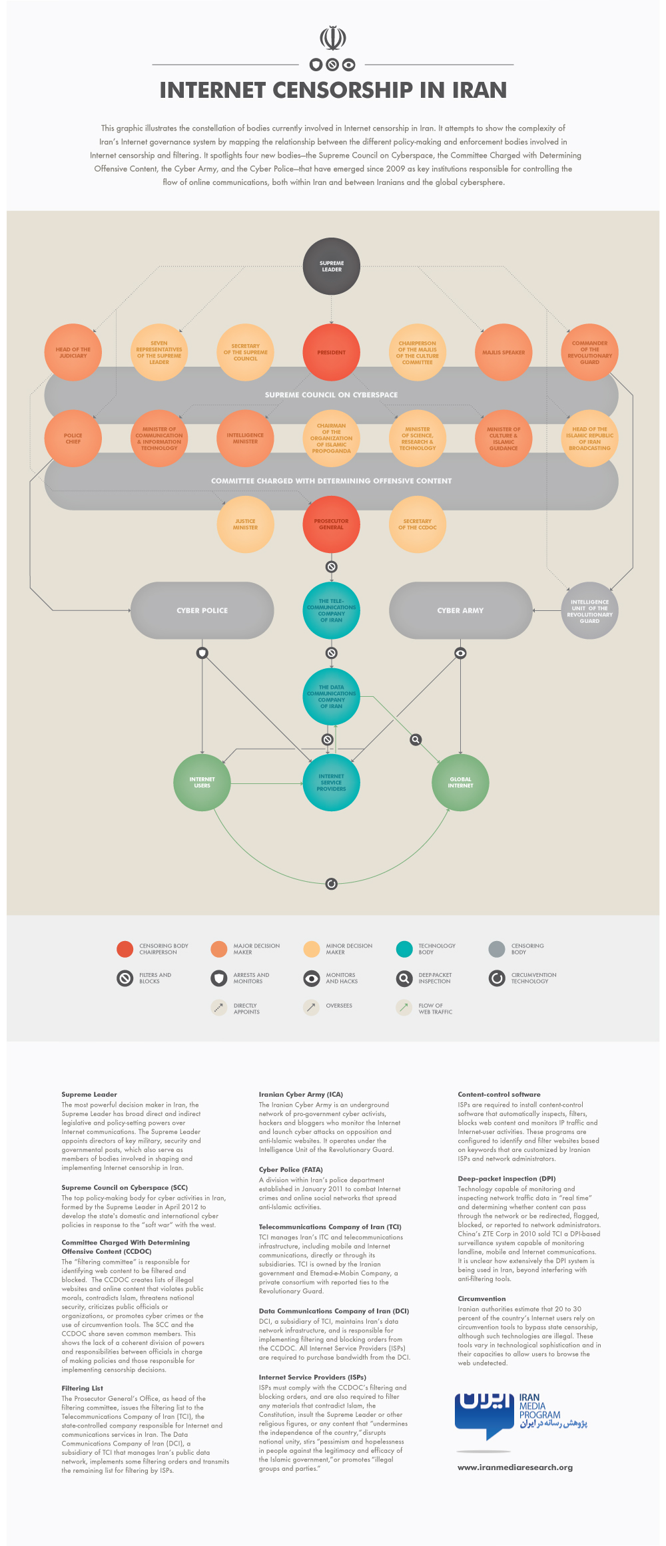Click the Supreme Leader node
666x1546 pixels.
pyautogui.click(x=332, y=266)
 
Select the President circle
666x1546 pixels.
pyautogui.click(x=332, y=352)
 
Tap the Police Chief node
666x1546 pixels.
pyautogui.click(x=73, y=438)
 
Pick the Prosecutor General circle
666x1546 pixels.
pyautogui.click(x=332, y=524)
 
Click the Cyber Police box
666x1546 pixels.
pyautogui.click(x=202, y=610)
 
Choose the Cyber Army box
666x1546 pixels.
pyautogui.click(x=460, y=610)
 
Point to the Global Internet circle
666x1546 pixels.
pyautogui.click(x=460, y=782)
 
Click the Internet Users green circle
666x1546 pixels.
pyautogui.click(x=202, y=782)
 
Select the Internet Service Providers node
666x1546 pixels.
pyautogui.click(x=332, y=782)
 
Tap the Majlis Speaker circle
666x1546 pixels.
pyautogui.click(x=503, y=352)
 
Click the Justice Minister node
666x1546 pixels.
pyautogui.click(x=245, y=524)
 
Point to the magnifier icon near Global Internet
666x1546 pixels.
pyautogui.click(x=416, y=739)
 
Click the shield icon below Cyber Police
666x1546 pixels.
pyautogui.click(x=202, y=653)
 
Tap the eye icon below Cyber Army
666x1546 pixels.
pyautogui.click(x=460, y=653)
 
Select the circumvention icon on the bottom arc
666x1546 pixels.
pyautogui.click(x=332, y=884)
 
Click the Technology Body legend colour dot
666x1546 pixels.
pyautogui.click(x=404, y=949)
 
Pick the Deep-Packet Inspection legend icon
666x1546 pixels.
pyautogui.click(x=404, y=978)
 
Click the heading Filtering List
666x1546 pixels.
pyautogui.click(x=83, y=1388)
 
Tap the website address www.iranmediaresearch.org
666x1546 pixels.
pyautogui.click(x=515, y=1467)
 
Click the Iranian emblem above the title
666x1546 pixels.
pyautogui.click(x=332, y=38)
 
